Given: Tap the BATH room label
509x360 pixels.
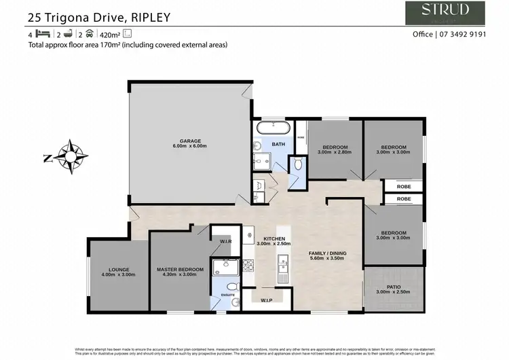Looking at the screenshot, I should (x=278, y=144).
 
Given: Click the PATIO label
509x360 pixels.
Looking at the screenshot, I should (x=394, y=287).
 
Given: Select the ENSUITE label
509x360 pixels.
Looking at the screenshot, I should (x=227, y=295).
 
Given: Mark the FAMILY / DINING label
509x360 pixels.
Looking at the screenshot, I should (x=328, y=253).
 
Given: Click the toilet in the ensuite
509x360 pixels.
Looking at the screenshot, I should (x=231, y=286).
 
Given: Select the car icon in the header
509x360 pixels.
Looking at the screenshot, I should (x=89, y=33).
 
